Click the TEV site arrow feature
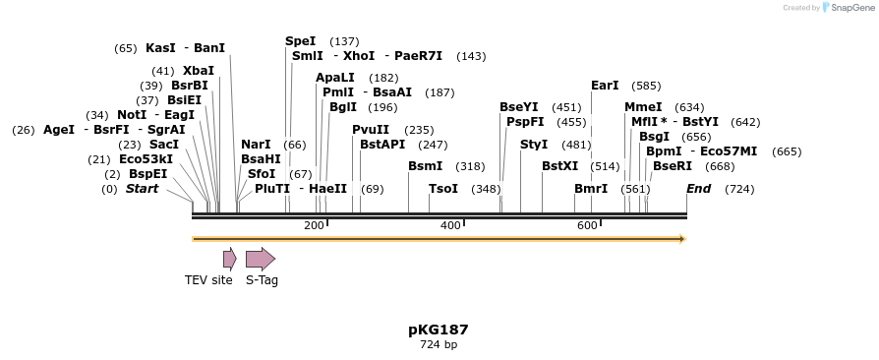pyautogui.click(x=229, y=259)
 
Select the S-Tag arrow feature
pyautogui.click(x=260, y=259)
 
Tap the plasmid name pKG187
pyautogui.click(x=439, y=330)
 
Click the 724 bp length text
pyautogui.click(x=439, y=344)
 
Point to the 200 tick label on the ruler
pyautogui.click(x=314, y=225)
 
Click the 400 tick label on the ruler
pyautogui.click(x=450, y=225)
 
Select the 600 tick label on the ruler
pyautogui.click(x=587, y=225)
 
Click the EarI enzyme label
pyautogui.click(x=605, y=86)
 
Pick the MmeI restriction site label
pyautogui.click(x=643, y=107)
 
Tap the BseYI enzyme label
pyautogui.click(x=518, y=107)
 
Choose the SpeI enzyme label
pyautogui.click(x=301, y=41)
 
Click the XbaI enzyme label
pyautogui.click(x=198, y=71)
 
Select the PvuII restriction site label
pyautogui.click(x=371, y=130)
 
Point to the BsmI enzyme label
pyautogui.click(x=426, y=166)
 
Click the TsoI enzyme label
pyautogui.click(x=443, y=189)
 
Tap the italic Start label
pyautogui.click(x=142, y=189)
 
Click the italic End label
pyautogui.click(x=698, y=189)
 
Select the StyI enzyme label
pyautogui.click(x=534, y=145)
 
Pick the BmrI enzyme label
pyautogui.click(x=591, y=189)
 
